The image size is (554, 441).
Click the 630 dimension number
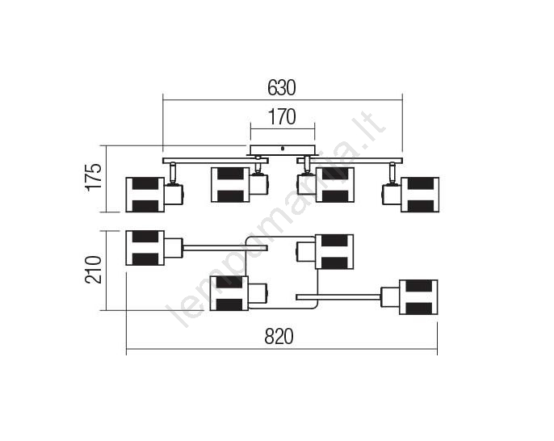282,88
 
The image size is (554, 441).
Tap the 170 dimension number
282,117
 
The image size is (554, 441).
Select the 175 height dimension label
94,178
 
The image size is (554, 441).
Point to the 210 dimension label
94,270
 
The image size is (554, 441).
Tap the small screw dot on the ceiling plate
283,149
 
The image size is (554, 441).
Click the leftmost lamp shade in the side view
145,195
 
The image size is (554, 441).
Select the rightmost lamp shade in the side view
420,195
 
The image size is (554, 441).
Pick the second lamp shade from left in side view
230,185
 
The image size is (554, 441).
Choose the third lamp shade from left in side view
335,185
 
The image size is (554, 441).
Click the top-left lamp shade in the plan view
145,248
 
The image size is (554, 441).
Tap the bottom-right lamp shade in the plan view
418,297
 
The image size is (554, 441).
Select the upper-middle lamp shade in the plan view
334,251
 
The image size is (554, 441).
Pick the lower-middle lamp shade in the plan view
229,293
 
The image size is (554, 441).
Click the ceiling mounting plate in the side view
283,150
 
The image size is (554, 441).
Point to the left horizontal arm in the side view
216,161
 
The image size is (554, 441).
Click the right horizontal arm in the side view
350,161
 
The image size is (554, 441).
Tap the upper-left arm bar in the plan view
225,248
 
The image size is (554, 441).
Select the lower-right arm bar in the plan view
338,297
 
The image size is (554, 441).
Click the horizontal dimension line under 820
282,349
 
